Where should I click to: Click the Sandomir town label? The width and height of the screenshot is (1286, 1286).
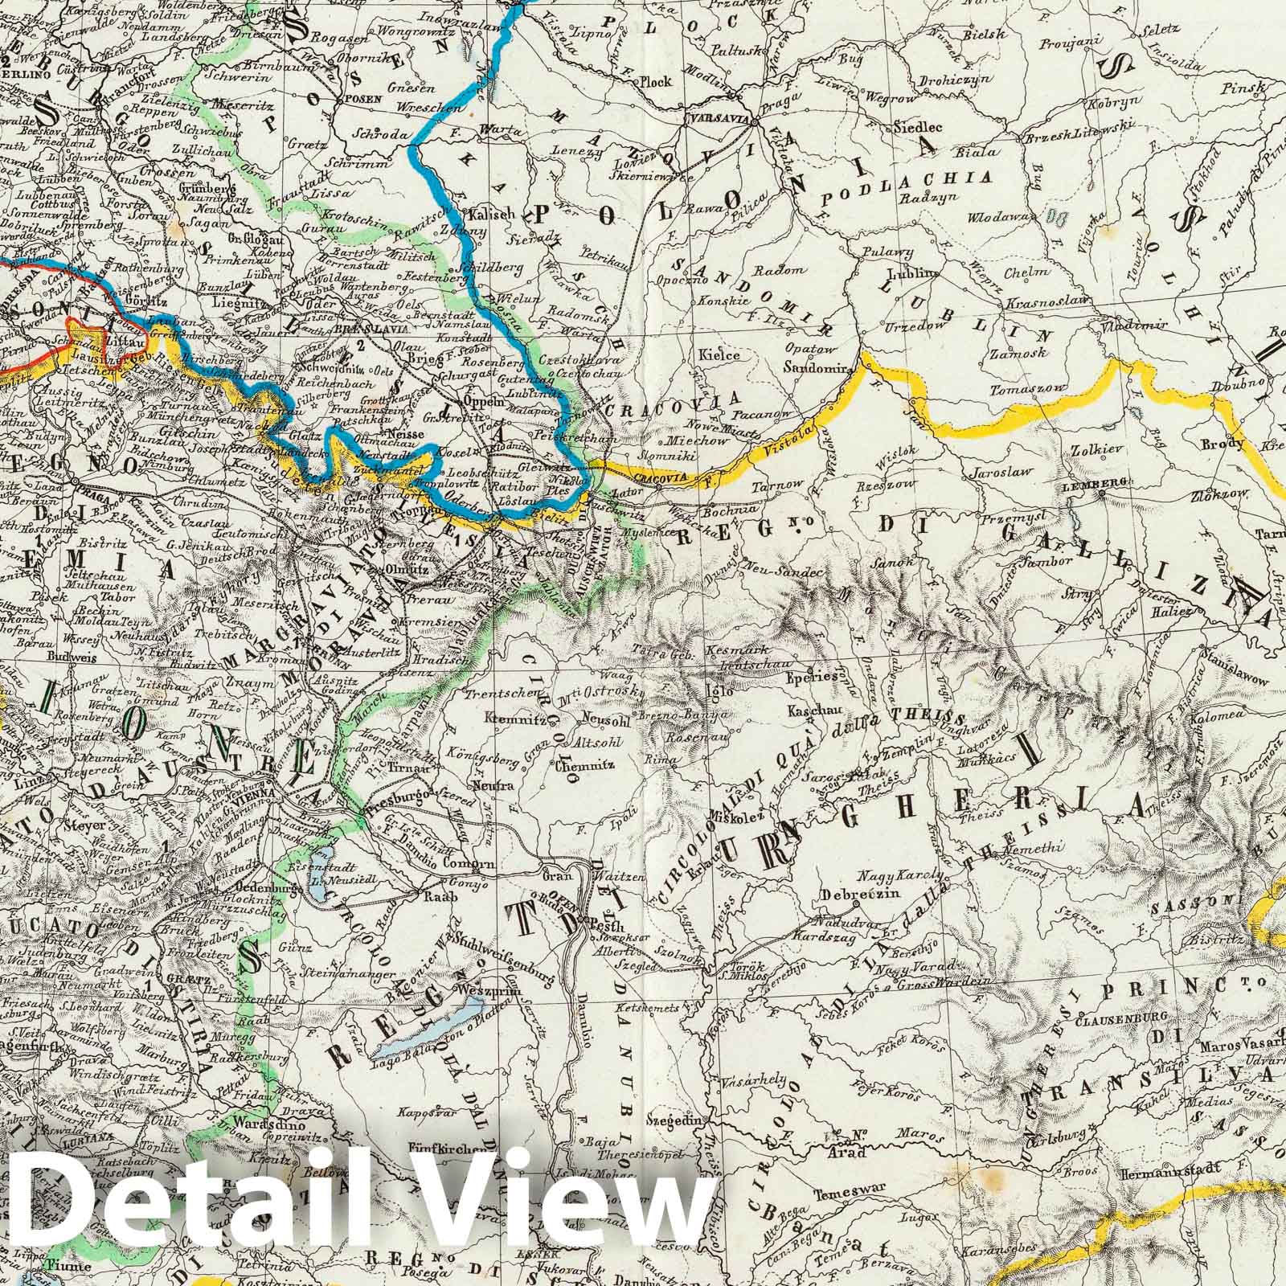(819, 367)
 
